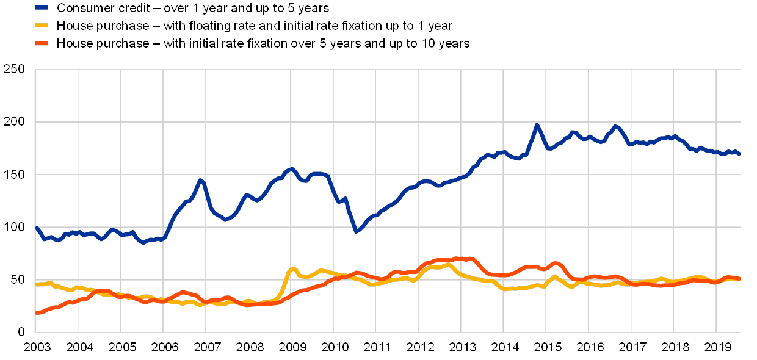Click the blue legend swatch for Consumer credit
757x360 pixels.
pyautogui.click(x=42, y=8)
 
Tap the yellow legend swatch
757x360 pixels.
pyautogui.click(x=42, y=26)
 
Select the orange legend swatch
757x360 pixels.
pyautogui.click(x=42, y=43)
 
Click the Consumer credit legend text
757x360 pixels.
pyautogui.click(x=193, y=8)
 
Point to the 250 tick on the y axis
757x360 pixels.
pyautogui.click(x=15, y=70)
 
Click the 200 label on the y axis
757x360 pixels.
pyautogui.click(x=15, y=122)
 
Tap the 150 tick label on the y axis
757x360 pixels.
pyautogui.click(x=15, y=175)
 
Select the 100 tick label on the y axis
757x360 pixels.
pyautogui.click(x=15, y=227)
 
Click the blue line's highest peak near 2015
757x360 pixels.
pyautogui.click(x=537, y=125)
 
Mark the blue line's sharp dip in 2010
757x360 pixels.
pyautogui.click(x=357, y=231)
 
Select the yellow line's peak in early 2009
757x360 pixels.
pyautogui.click(x=292, y=268)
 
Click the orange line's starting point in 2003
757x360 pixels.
pyautogui.click(x=37, y=312)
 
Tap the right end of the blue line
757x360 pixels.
pyautogui.click(x=739, y=154)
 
